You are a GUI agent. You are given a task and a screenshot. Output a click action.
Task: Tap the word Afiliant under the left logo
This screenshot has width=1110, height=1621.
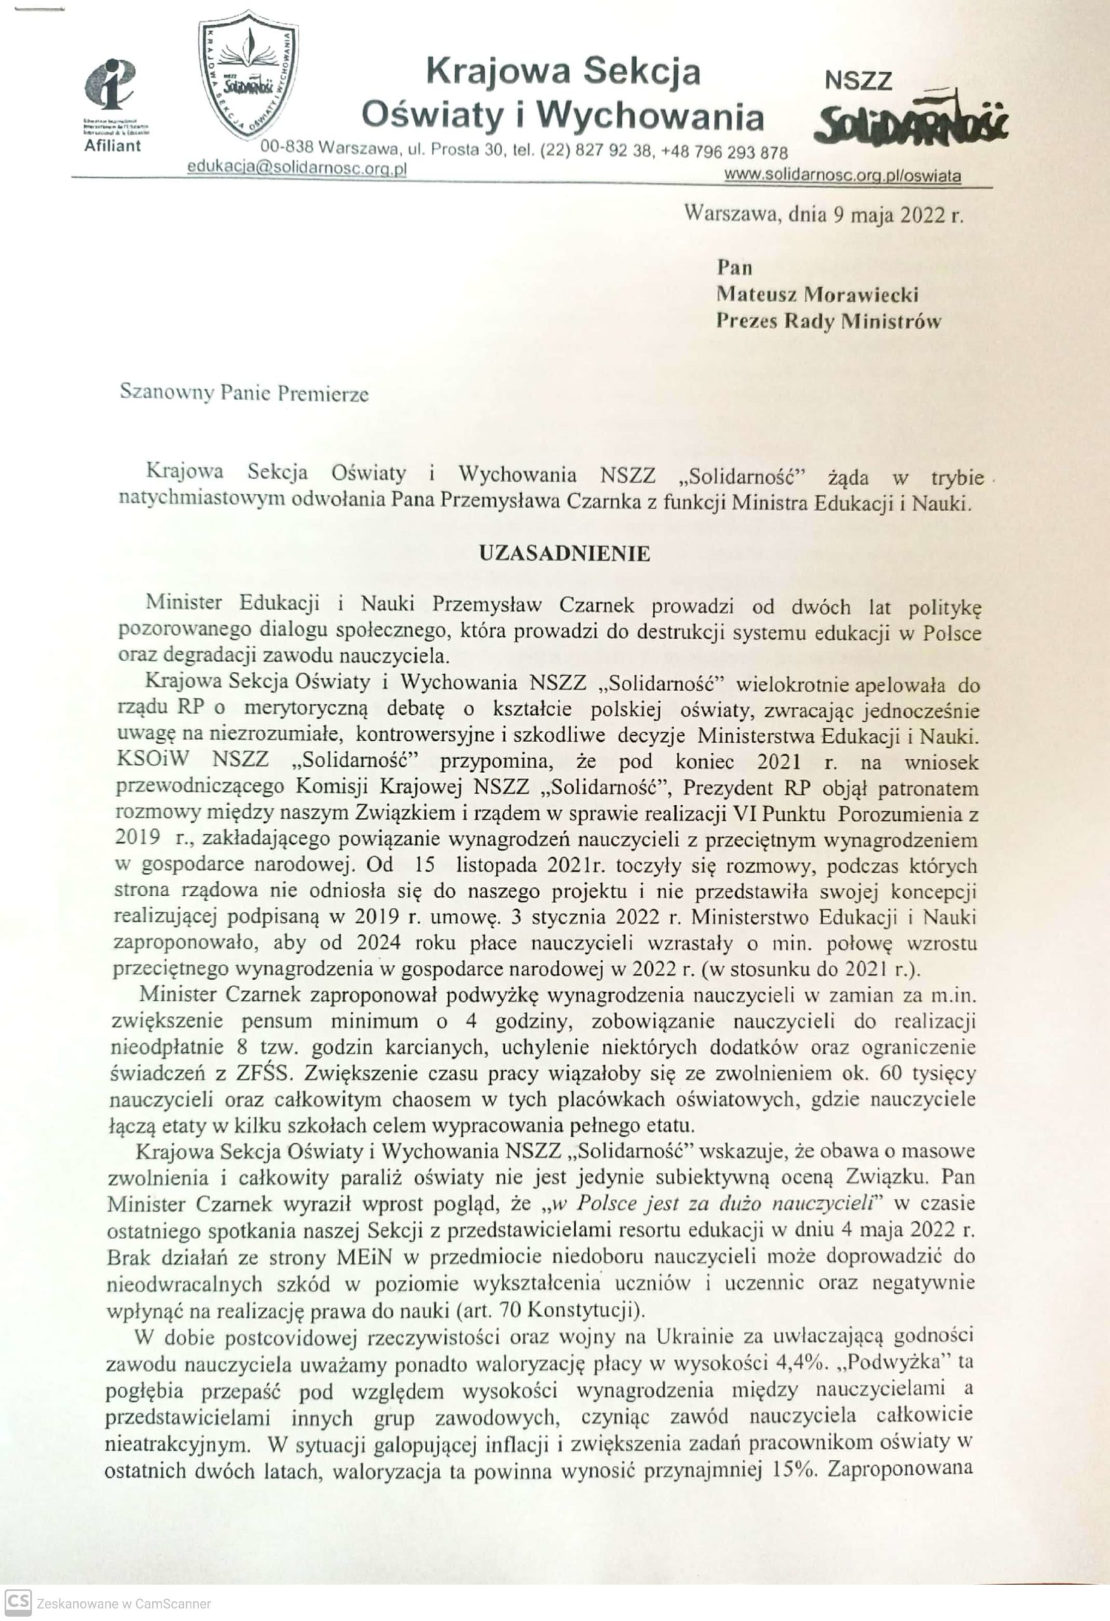tap(112, 146)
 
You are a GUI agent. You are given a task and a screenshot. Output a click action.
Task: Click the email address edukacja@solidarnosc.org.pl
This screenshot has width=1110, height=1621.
tap(297, 169)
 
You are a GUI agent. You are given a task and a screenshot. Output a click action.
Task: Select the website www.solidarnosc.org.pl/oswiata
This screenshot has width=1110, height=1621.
tap(843, 176)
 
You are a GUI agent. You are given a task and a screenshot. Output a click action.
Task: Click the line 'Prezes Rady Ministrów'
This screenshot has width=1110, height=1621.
tap(829, 321)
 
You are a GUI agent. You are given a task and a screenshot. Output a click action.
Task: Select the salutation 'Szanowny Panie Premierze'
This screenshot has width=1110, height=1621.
tap(244, 393)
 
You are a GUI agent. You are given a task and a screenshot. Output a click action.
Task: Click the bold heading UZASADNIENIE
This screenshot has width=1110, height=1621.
tap(564, 554)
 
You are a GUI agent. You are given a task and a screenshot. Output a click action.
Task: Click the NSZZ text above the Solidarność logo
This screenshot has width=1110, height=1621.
tap(858, 81)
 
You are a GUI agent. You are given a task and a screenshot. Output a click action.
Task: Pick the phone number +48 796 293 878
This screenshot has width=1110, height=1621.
tap(725, 153)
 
